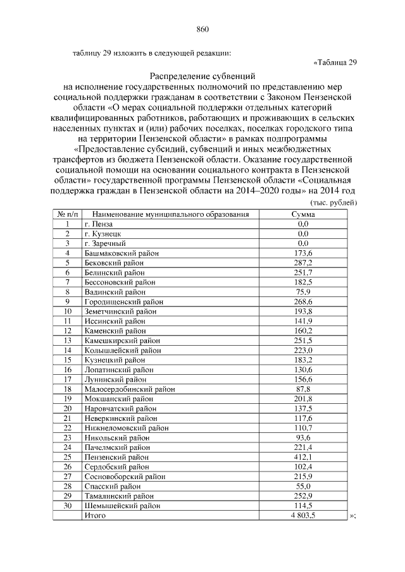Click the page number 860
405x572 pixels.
202,30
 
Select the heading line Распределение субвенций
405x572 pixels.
202,76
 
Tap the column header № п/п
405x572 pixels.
66,214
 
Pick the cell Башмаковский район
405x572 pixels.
121,253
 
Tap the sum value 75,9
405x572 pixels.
302,292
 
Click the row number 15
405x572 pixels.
66,360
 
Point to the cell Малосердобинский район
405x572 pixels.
129,389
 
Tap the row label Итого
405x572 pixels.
95,516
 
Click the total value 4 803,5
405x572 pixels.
302,516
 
